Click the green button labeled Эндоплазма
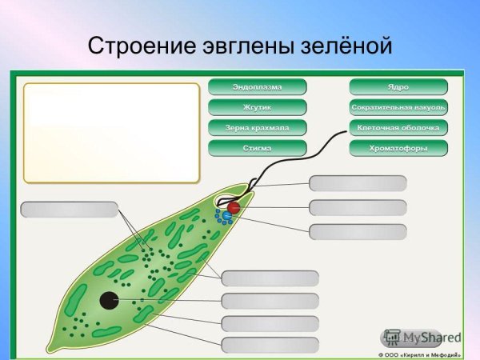point(257,86)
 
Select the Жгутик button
point(257,106)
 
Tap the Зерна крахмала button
point(257,127)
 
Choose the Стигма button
point(257,148)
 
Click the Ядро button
point(398,86)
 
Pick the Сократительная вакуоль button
point(398,106)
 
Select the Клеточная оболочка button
point(398,127)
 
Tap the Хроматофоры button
point(398,148)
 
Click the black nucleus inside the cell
point(108,301)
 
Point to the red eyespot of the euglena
point(233,209)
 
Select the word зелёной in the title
point(348,46)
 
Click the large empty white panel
point(110,132)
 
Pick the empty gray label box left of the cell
point(70,210)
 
